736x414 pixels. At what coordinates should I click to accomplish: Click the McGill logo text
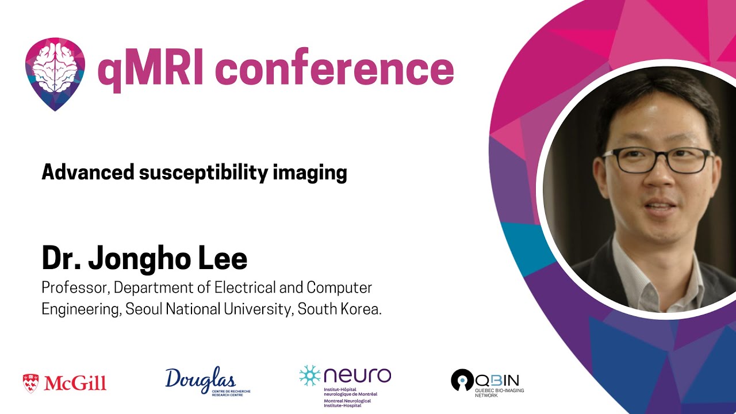point(74,383)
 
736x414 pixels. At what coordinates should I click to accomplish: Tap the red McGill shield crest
point(30,382)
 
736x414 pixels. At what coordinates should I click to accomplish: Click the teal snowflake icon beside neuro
point(309,375)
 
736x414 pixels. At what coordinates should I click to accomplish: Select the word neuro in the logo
point(357,375)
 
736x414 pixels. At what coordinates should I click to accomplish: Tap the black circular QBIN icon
point(462,380)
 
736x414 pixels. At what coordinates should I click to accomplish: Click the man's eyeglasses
point(657,159)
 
